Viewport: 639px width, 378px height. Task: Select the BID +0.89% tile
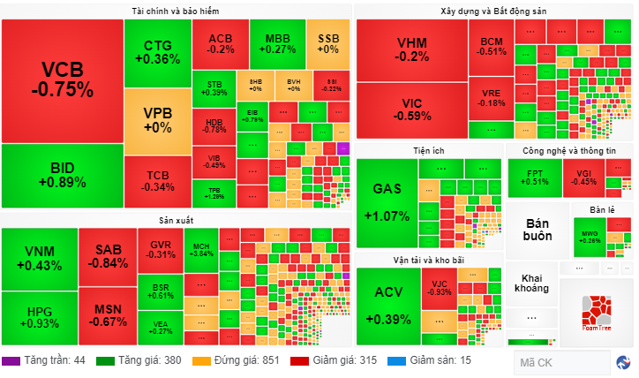[x=62, y=175]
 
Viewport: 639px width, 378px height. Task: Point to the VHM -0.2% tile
[x=411, y=49]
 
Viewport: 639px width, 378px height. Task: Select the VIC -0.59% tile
[x=411, y=109]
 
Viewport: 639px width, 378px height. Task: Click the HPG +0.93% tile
[x=39, y=317]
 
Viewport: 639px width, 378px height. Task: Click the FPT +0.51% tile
[x=536, y=178]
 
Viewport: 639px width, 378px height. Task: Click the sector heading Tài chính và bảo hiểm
[x=176, y=11]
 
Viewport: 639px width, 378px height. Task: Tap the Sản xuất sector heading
[x=176, y=219]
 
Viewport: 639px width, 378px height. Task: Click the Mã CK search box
[x=561, y=362]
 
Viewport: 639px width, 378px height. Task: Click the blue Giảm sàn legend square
[x=398, y=360]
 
